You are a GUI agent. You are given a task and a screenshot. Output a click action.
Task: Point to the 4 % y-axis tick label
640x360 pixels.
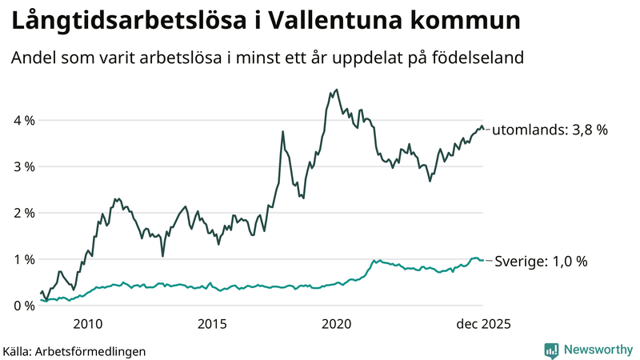point(23,121)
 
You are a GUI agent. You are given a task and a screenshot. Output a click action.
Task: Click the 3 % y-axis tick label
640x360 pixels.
point(23,167)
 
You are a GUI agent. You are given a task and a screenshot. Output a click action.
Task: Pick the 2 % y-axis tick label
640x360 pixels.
point(23,214)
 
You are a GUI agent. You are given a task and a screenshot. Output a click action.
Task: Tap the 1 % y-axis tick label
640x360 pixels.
point(23,260)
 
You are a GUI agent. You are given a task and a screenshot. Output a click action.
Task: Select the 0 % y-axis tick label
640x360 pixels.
point(23,306)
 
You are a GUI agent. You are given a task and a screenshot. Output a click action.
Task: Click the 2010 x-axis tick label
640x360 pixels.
point(87,324)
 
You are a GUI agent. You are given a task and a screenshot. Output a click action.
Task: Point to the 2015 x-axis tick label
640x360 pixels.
point(212,324)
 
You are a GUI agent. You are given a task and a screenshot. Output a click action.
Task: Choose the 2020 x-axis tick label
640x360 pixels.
point(336,324)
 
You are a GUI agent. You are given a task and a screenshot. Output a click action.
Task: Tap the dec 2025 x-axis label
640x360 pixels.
point(482,324)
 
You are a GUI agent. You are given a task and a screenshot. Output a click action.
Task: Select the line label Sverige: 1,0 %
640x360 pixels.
point(542,262)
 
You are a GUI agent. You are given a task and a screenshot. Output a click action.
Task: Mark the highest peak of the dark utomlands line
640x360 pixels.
point(336,90)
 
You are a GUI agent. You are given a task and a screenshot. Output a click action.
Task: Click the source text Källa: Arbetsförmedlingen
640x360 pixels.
point(74,350)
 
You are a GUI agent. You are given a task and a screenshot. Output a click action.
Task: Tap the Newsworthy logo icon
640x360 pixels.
point(551,350)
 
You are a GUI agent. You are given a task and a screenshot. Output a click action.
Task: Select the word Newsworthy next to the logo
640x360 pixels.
point(598,350)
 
